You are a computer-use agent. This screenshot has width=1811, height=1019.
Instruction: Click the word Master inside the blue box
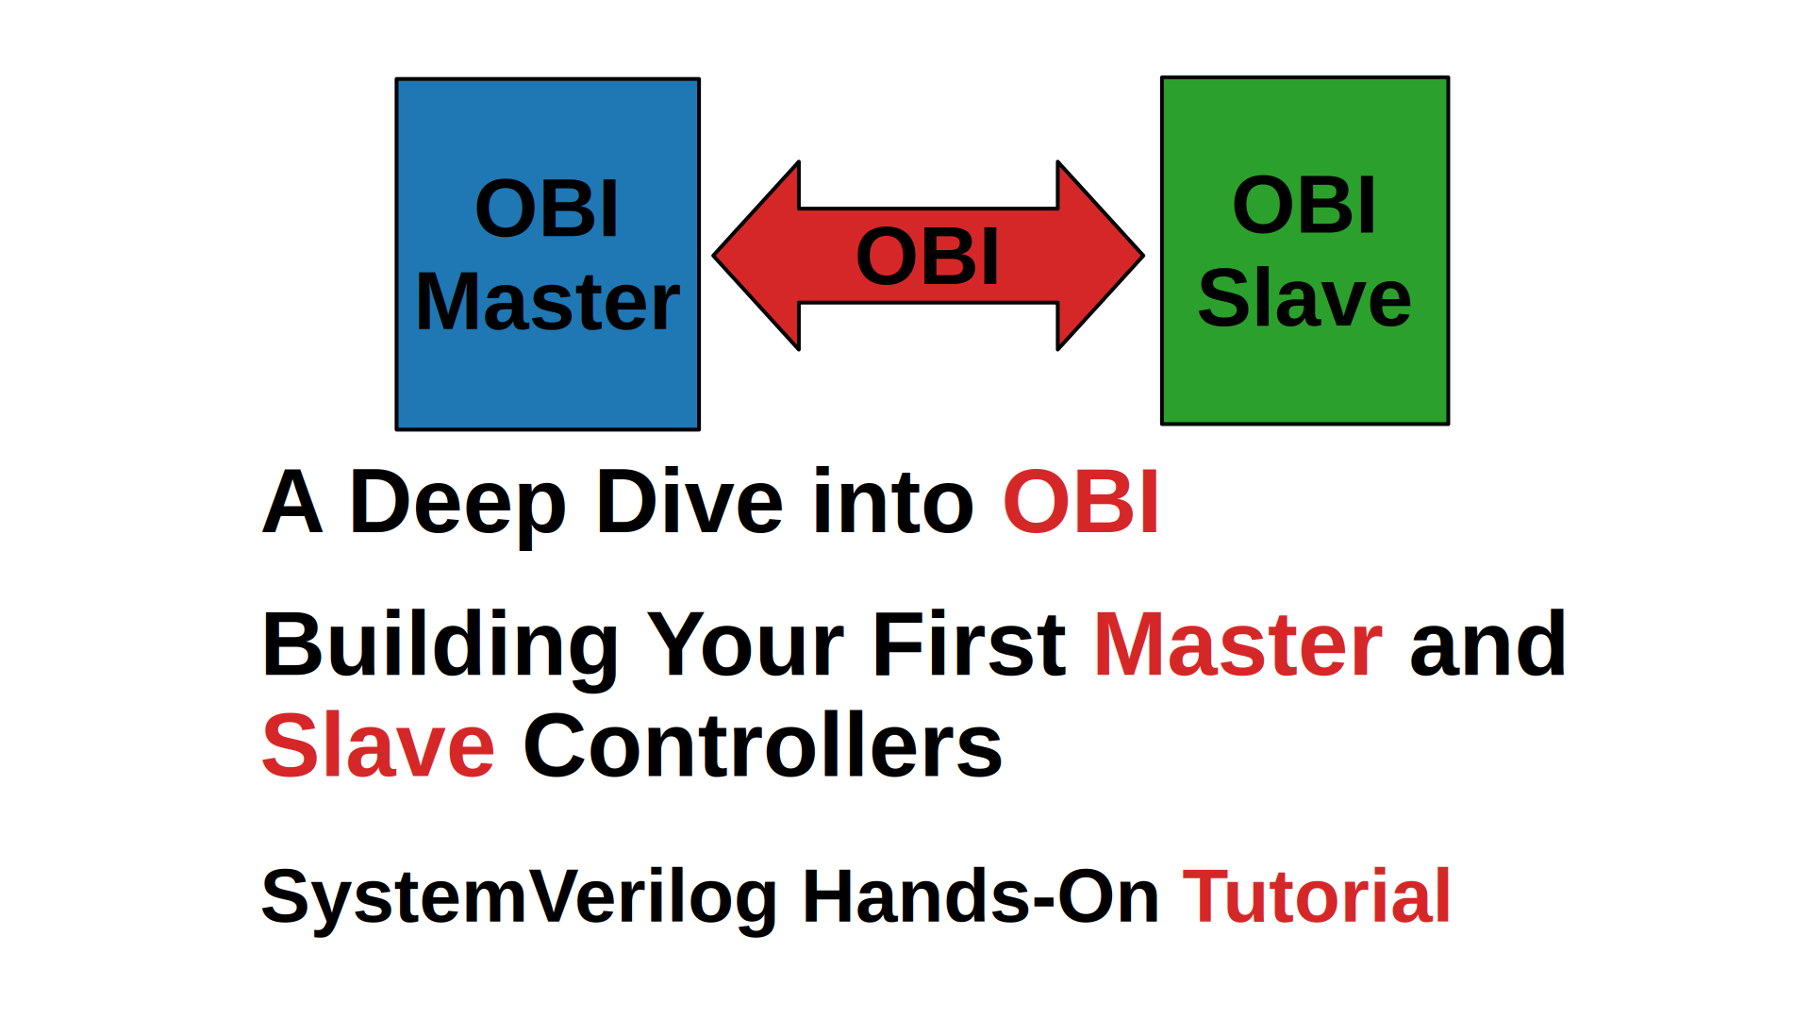pos(547,302)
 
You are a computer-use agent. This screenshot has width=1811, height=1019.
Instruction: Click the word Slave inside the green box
pos(1304,298)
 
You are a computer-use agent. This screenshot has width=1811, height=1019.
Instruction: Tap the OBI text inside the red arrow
pos(927,257)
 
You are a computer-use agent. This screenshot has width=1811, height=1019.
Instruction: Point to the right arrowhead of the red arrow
pos(1100,256)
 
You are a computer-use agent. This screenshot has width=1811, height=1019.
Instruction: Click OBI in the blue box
pos(547,209)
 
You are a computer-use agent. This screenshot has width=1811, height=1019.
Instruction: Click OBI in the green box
pos(1304,205)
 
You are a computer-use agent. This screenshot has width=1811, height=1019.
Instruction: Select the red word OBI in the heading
pos(1081,502)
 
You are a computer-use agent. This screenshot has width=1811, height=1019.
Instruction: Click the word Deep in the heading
pos(457,502)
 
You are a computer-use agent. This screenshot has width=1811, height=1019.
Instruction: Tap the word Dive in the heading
pos(690,502)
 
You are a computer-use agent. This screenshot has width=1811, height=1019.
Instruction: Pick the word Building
pos(440,645)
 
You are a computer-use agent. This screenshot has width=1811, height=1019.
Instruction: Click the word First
pos(969,645)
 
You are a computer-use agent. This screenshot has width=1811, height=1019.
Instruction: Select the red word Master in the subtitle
pos(1238,645)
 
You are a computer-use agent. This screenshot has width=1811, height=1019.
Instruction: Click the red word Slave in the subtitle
pos(378,746)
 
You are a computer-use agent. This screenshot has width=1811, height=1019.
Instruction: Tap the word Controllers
pos(762,746)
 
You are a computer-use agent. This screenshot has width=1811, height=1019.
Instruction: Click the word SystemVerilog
pos(519,897)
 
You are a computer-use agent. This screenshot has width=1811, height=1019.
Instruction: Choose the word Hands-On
pos(980,897)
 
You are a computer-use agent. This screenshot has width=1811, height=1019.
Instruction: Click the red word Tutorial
pos(1316,897)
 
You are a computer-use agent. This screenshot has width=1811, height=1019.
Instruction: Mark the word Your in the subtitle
pos(745,645)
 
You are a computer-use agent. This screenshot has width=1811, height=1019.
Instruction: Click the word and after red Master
pos(1487,645)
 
